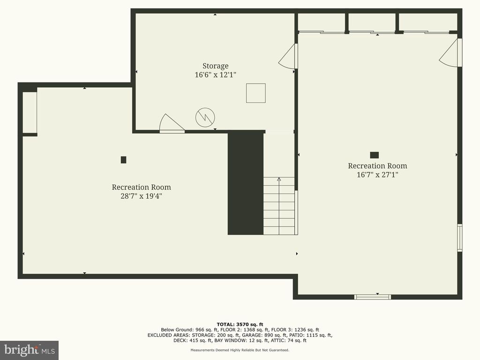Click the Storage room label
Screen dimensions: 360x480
click(x=215, y=66)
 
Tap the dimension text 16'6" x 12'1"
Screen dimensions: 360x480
click(x=215, y=75)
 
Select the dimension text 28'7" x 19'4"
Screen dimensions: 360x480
click(x=141, y=196)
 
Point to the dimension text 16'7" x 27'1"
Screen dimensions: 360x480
click(x=377, y=175)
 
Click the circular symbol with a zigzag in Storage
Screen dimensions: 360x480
click(x=205, y=117)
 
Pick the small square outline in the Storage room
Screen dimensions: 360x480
click(x=256, y=93)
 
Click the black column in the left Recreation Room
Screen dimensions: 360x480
click(x=123, y=160)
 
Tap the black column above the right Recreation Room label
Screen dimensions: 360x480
click(x=374, y=155)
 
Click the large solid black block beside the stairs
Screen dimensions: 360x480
click(x=246, y=183)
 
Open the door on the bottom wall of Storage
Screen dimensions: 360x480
click(x=172, y=124)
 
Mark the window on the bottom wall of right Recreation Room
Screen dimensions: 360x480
click(x=373, y=296)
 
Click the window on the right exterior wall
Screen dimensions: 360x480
click(x=460, y=238)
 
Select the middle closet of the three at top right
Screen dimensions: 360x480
click(x=372, y=22)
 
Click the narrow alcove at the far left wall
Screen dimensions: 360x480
click(x=30, y=112)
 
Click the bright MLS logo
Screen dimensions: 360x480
click(x=29, y=350)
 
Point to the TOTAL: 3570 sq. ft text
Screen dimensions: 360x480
click(x=240, y=324)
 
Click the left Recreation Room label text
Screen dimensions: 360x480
click(x=141, y=187)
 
